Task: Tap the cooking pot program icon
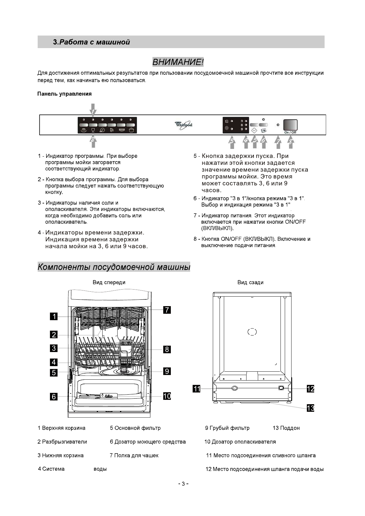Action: pos(131,130)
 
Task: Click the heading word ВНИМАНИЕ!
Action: pos(178,62)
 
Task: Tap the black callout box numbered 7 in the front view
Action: pos(167,310)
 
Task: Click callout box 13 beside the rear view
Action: pos(310,408)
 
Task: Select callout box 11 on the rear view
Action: pos(196,389)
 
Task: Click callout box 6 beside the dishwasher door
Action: pos(54,396)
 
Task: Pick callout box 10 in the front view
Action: pos(167,396)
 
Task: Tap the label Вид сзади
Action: pos(250,282)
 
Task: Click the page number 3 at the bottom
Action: pos(183,484)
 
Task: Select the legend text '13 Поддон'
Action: pos(286,428)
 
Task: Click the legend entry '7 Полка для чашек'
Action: pos(134,455)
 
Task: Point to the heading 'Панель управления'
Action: pos(64,94)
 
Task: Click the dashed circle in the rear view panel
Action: pos(252,332)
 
